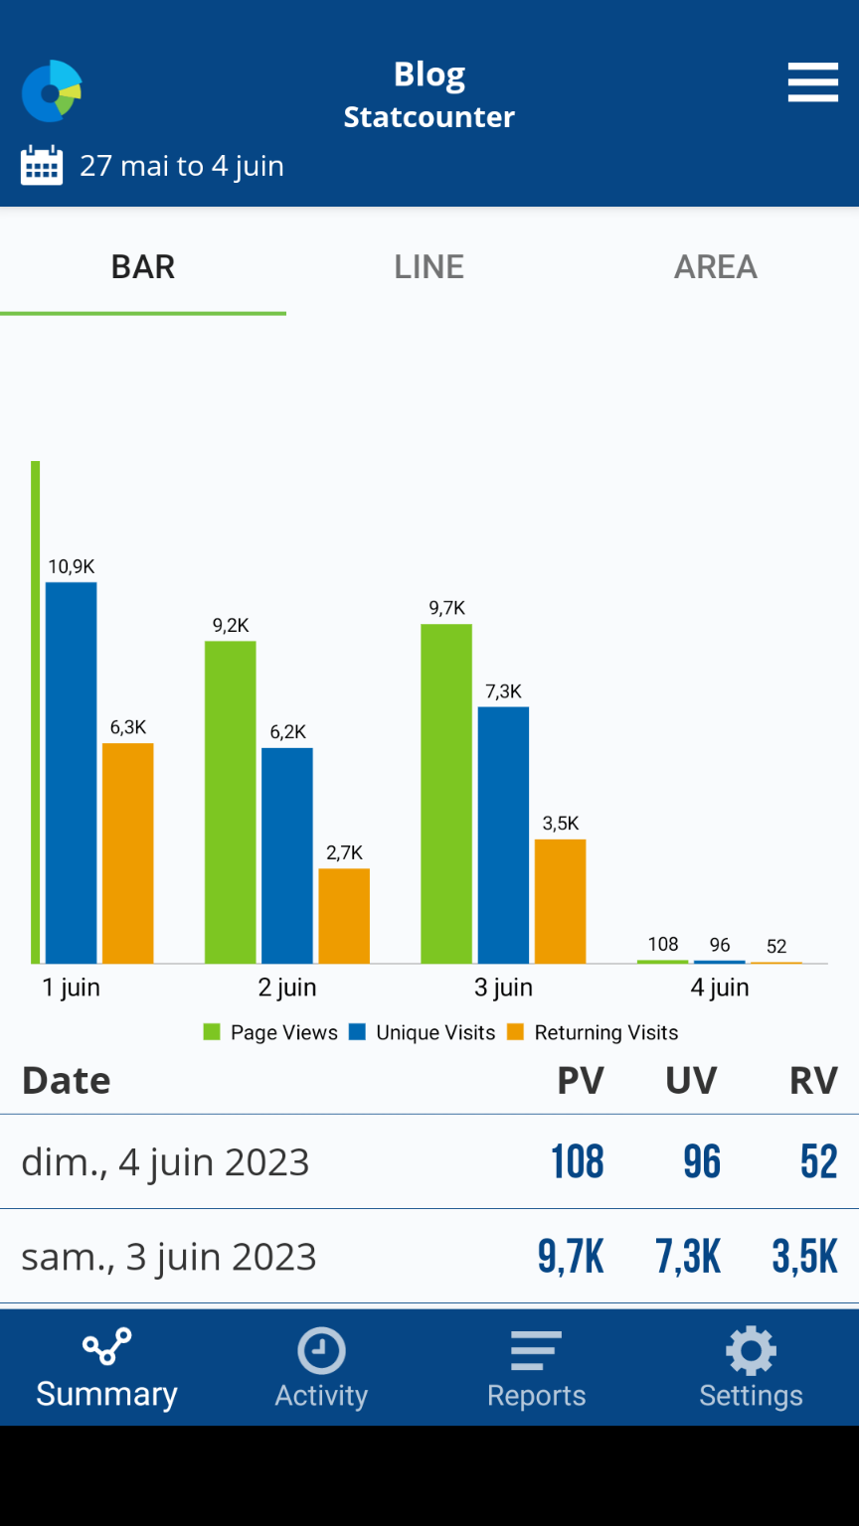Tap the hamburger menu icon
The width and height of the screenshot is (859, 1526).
pyautogui.click(x=812, y=82)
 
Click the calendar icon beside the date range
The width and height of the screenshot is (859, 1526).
pyautogui.click(x=42, y=165)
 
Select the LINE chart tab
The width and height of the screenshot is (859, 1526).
pyautogui.click(x=429, y=266)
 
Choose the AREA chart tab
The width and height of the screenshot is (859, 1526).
pyautogui.click(x=716, y=266)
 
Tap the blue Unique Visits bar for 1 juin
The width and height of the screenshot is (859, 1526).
pyautogui.click(x=72, y=773)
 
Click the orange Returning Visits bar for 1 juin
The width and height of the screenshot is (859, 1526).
pyautogui.click(x=128, y=852)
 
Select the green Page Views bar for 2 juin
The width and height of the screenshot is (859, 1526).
pyautogui.click(x=231, y=802)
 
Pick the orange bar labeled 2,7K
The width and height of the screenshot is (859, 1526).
pyautogui.click(x=344, y=915)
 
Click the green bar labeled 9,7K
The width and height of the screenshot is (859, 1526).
pyautogui.click(x=446, y=793)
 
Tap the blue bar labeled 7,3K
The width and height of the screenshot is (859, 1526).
pyautogui.click(x=503, y=835)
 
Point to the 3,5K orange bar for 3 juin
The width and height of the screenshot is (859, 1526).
pyautogui.click(x=560, y=900)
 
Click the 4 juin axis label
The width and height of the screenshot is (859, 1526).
pyautogui.click(x=720, y=988)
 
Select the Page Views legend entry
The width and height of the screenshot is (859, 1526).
pyautogui.click(x=270, y=1033)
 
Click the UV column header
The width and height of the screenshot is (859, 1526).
pyautogui.click(x=691, y=1081)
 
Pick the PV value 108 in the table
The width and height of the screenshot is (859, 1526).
pyautogui.click(x=578, y=1161)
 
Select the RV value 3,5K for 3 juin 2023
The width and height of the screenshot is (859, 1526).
pyautogui.click(x=805, y=1257)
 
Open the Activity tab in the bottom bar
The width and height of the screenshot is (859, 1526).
pyautogui.click(x=321, y=1369)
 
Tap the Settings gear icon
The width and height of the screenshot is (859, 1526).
pyautogui.click(x=751, y=1351)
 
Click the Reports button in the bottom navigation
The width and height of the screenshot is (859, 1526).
pyautogui.click(x=536, y=1369)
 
